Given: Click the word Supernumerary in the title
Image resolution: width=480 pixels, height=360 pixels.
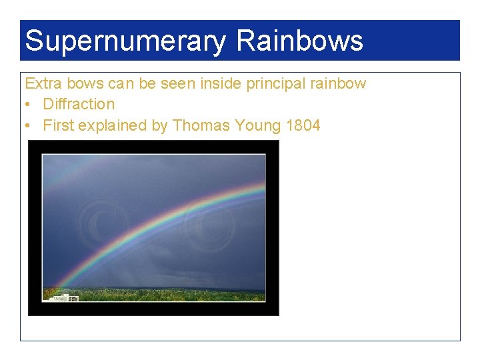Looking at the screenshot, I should coord(125,41).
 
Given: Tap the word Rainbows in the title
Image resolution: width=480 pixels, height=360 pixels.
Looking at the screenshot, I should coord(299,41).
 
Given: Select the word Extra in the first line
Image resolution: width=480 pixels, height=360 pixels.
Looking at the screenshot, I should coord(41,83).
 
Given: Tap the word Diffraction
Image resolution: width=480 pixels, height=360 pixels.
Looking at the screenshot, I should coord(79,104).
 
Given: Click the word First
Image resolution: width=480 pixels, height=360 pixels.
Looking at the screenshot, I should coord(59,125).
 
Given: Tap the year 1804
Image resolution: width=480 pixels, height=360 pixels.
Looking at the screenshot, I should coord(303,125).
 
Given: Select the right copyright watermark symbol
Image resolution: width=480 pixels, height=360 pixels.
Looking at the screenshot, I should coord(209,227).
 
